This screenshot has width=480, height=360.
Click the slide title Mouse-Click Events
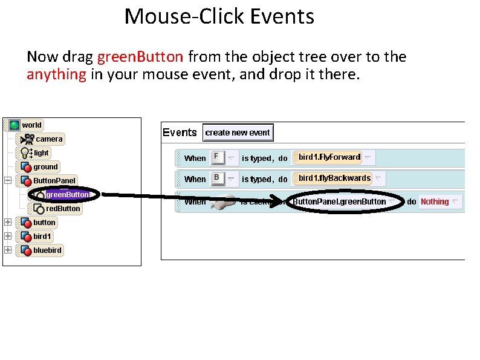[219, 16]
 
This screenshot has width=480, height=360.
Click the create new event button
[238, 133]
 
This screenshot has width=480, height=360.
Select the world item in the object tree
[31, 125]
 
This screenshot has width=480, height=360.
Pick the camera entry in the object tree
[48, 139]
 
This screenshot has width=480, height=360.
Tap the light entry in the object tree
[41, 153]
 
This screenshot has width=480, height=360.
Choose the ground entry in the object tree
[45, 167]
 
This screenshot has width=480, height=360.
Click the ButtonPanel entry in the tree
[54, 181]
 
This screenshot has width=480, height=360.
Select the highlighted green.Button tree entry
[67, 195]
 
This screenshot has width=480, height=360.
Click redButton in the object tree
[63, 209]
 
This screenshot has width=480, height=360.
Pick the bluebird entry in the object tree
[47, 250]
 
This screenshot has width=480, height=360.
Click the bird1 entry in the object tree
[42, 237]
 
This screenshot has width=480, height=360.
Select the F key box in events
[216, 157]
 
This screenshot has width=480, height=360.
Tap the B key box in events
[216, 178]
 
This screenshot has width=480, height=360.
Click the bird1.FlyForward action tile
[329, 157]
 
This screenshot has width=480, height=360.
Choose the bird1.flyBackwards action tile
[334, 178]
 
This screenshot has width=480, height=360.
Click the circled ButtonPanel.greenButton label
[339, 202]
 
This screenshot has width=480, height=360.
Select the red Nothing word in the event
[435, 202]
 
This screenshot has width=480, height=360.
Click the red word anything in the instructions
[56, 74]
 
